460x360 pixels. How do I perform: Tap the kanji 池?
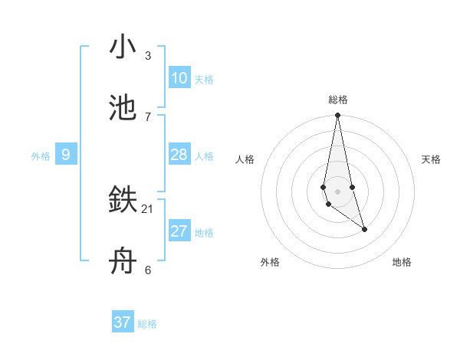click(123, 108)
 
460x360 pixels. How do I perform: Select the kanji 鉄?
click(123, 200)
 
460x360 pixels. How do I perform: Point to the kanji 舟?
click(123, 262)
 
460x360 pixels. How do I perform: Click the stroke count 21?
click(148, 208)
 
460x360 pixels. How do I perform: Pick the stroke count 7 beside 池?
click(148, 116)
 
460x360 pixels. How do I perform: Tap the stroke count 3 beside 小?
click(148, 56)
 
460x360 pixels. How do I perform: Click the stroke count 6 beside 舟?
click(148, 270)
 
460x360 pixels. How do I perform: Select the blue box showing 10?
click(179, 78)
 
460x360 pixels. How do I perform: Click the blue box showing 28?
click(179, 155)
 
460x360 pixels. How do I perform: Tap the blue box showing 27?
click(179, 231)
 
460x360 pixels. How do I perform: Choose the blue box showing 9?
click(66, 155)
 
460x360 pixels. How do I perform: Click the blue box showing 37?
click(122, 322)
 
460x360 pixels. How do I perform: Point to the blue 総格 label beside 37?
click(147, 324)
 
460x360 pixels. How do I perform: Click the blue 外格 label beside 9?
click(41, 156)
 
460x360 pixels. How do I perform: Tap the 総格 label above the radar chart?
click(338, 100)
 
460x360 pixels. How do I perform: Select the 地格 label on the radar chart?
click(402, 262)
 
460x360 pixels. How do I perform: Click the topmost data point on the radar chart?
click(337, 116)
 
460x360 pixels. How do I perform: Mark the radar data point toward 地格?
click(364, 229)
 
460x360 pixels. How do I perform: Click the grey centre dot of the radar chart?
click(337, 191)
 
